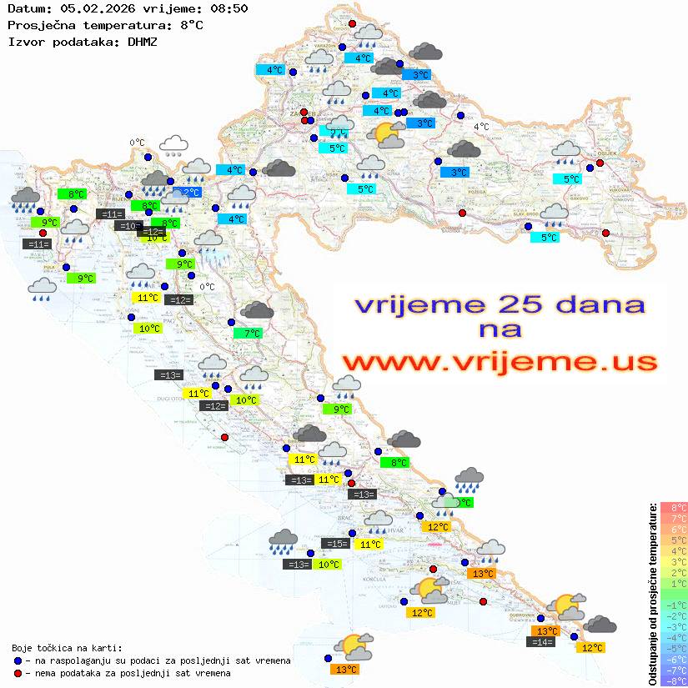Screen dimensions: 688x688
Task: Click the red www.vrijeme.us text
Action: [x=499, y=362]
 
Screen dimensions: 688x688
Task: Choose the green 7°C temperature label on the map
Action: [x=251, y=334]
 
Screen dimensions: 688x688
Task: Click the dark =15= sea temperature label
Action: [x=336, y=544]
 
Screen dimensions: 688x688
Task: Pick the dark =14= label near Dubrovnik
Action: [x=542, y=641]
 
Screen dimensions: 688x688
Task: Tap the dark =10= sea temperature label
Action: [x=128, y=225]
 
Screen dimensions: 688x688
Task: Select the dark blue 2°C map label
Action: [x=190, y=193]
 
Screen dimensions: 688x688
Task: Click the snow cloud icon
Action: [x=173, y=146]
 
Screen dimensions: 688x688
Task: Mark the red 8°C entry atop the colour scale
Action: [x=674, y=507]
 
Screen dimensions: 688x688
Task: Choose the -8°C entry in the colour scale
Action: [x=673, y=681]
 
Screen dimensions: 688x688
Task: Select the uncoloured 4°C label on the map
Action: [x=482, y=127]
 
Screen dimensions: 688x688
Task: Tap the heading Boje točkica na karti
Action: [x=67, y=647]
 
